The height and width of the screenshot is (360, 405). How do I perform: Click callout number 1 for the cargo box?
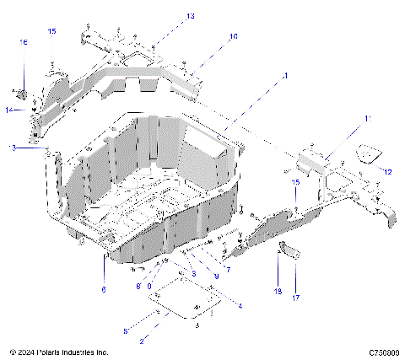[286, 76]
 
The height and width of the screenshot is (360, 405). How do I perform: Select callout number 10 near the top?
[234, 37]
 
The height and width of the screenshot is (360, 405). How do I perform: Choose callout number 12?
[388, 172]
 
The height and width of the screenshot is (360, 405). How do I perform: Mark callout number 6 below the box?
[104, 289]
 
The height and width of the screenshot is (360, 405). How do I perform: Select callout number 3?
[193, 273]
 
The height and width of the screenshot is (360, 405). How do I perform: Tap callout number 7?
[227, 269]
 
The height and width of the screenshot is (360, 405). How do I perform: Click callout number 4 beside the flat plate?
[240, 306]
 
